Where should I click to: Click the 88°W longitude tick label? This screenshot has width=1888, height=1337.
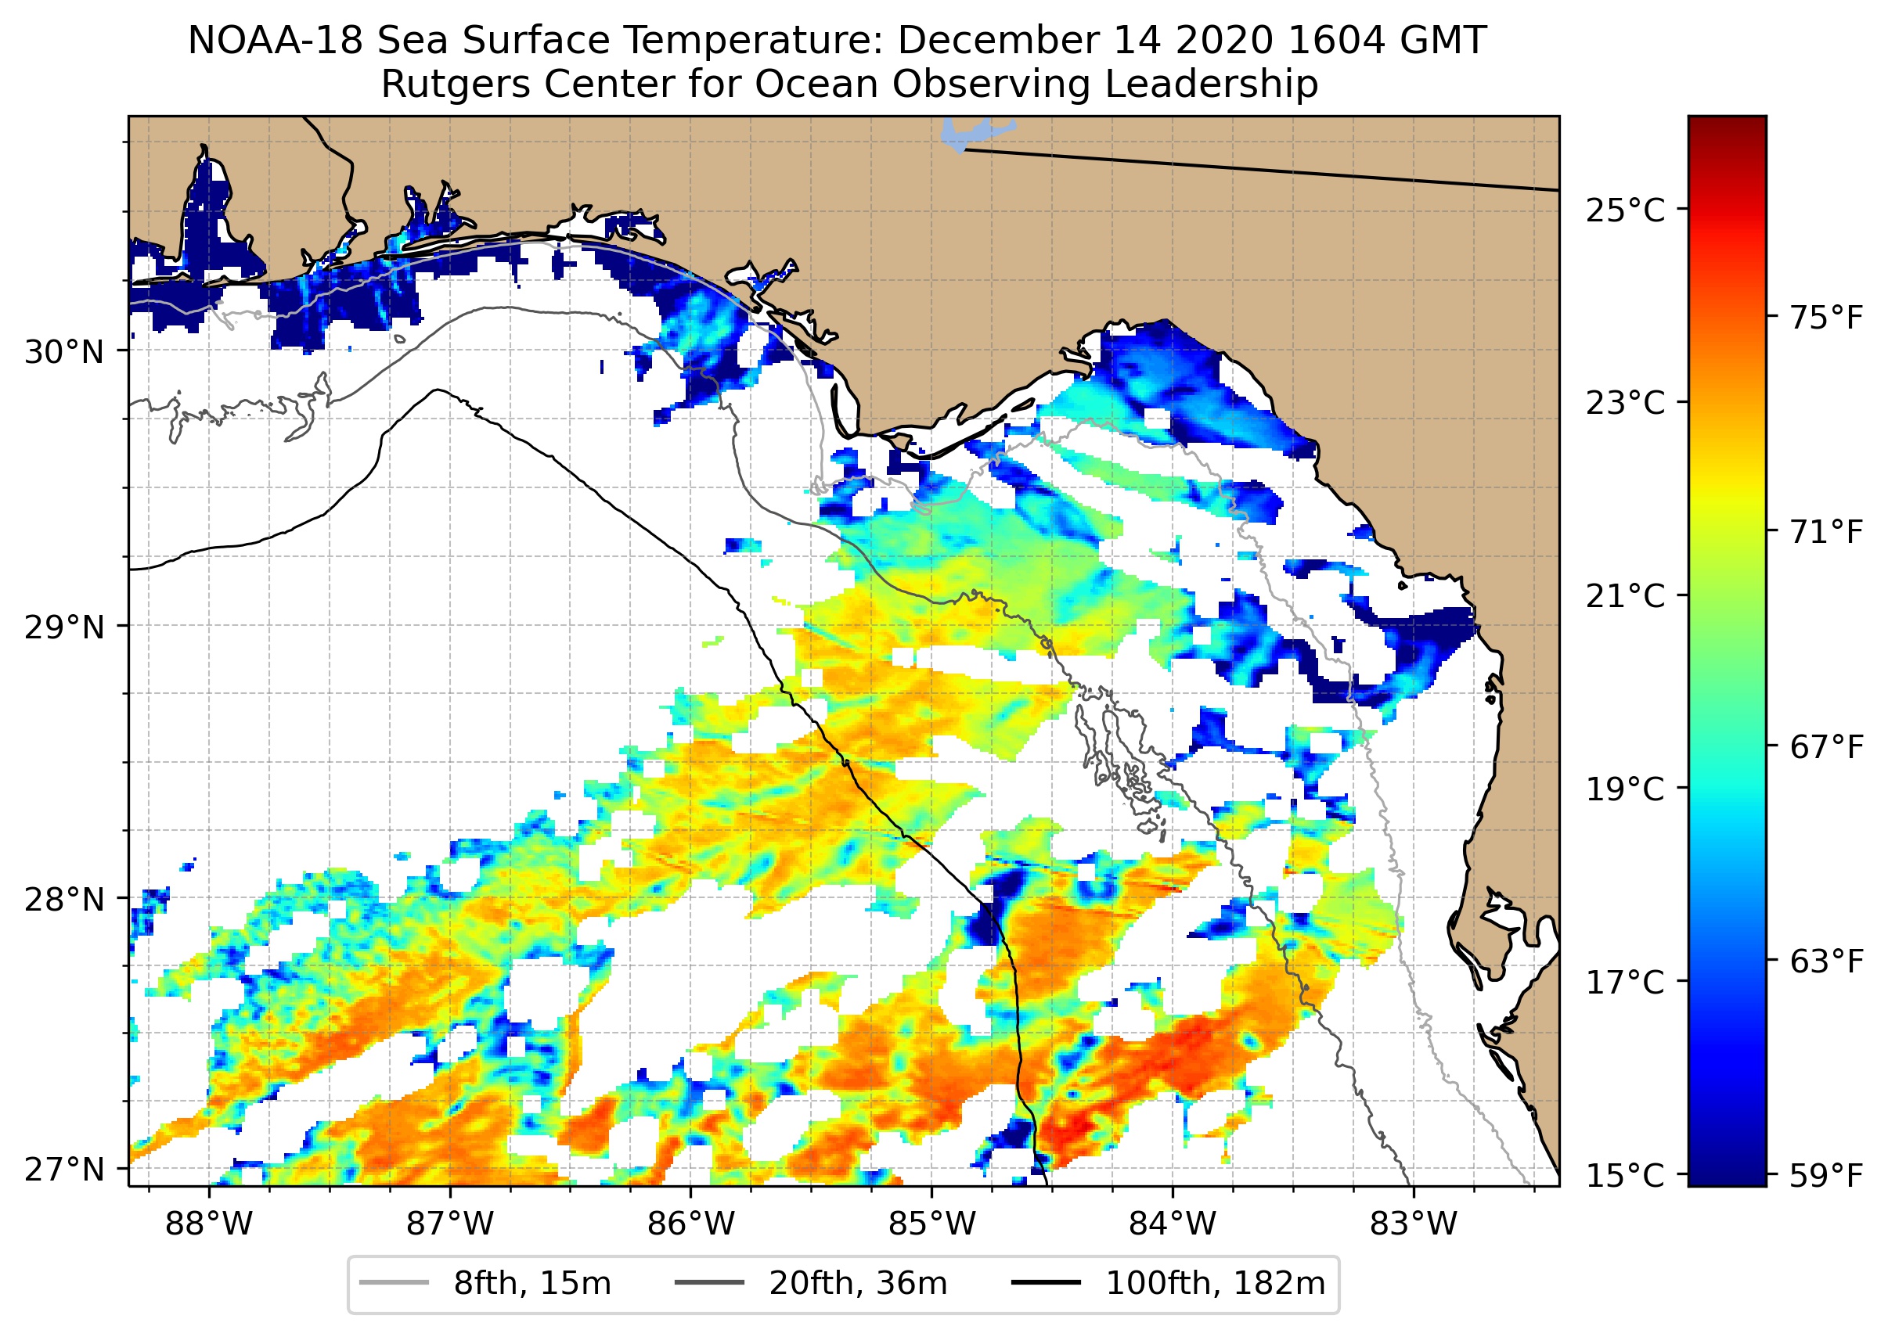[208, 1224]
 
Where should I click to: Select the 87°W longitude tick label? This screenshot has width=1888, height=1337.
[450, 1224]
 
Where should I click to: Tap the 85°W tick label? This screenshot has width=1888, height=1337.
[931, 1224]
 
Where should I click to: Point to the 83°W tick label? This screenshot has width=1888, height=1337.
[1414, 1224]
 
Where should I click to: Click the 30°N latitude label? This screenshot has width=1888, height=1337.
[64, 352]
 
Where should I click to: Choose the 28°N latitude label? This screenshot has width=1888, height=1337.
[64, 900]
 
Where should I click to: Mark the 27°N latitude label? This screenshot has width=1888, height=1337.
[64, 1169]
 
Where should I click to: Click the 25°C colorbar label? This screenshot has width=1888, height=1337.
[1624, 210]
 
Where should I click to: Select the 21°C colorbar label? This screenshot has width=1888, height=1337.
[1624, 596]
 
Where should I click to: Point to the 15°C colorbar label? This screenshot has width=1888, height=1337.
[1624, 1176]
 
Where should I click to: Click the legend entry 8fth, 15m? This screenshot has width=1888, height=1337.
[531, 1284]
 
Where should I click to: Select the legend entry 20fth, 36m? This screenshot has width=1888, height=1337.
[856, 1284]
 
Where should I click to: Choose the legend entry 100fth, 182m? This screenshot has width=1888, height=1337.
[1214, 1284]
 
